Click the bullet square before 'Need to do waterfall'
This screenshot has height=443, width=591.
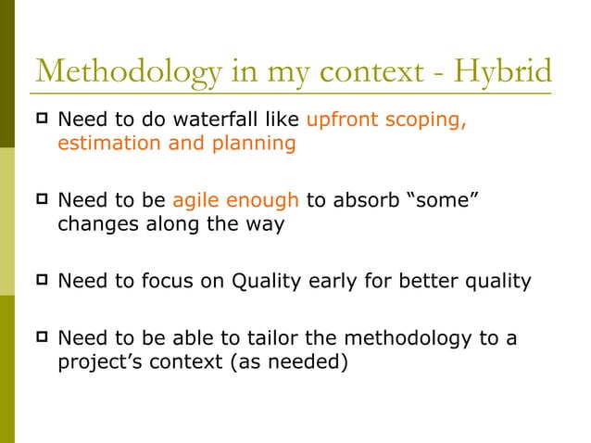point(41,120)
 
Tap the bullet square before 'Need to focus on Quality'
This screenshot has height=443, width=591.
point(41,281)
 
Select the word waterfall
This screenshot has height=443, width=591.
point(222,120)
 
